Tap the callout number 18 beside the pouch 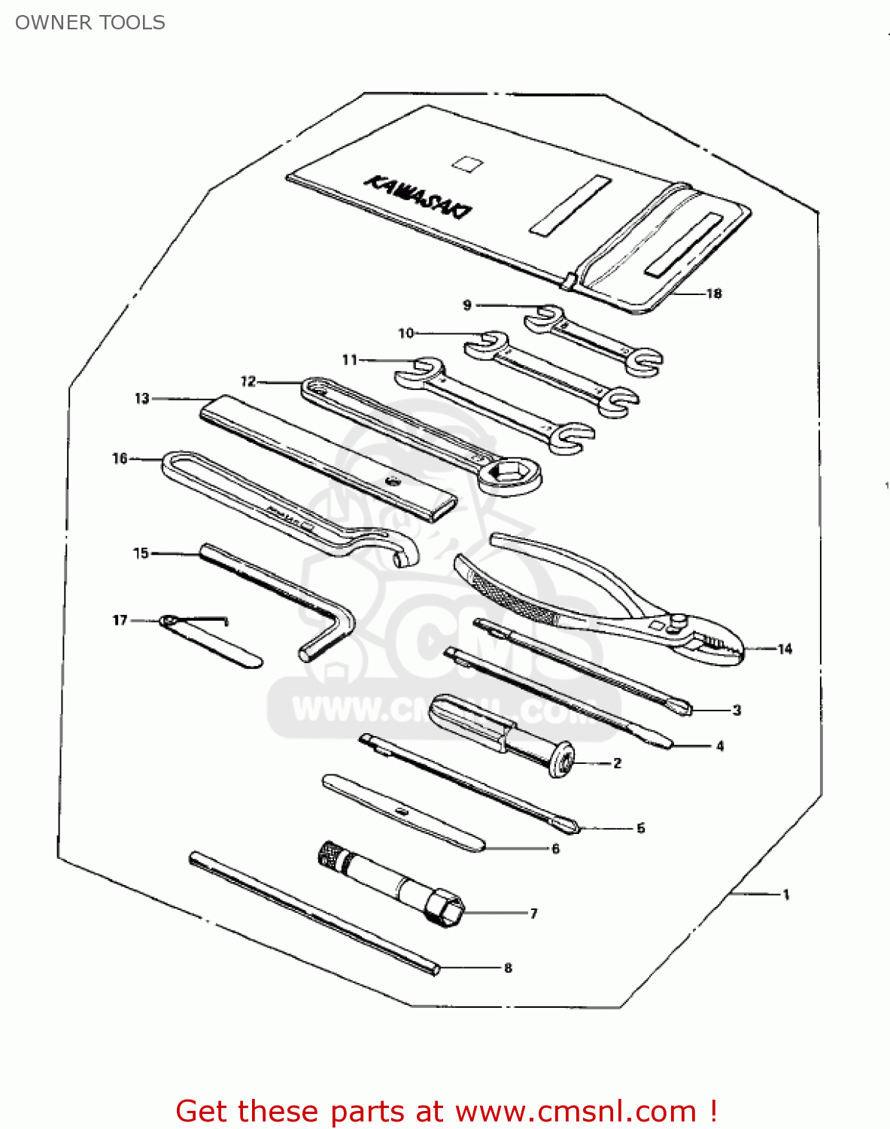click(713, 294)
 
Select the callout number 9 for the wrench click(467, 305)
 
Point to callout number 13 click(142, 398)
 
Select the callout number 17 click(120, 620)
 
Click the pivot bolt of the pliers click(678, 622)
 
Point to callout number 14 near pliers click(785, 649)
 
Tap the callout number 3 click(737, 710)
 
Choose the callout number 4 click(720, 746)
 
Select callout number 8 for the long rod click(508, 968)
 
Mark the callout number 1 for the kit click(786, 895)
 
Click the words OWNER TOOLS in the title click(90, 23)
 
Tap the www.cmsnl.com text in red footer click(576, 1112)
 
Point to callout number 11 click(350, 360)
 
